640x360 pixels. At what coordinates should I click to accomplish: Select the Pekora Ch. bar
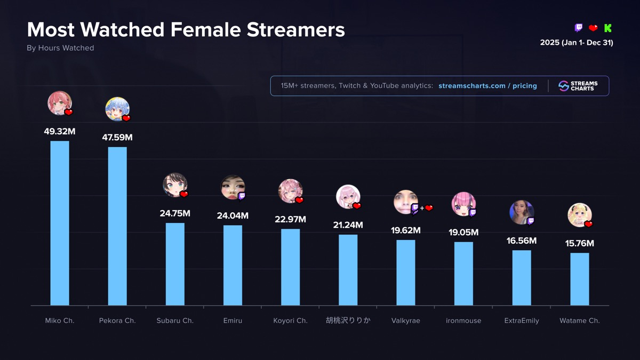point(117,226)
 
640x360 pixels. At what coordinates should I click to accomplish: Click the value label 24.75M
point(175,213)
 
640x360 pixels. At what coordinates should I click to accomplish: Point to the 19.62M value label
point(406,230)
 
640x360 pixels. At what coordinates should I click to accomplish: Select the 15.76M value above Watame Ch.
point(579,243)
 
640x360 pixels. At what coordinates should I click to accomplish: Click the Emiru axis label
point(233,321)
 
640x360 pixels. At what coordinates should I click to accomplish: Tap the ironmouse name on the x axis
point(463,321)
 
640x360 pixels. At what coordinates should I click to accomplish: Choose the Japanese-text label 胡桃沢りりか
point(348,321)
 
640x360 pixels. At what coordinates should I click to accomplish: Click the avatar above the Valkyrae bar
point(405,202)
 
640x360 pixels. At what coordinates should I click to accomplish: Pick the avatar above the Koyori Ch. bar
point(290,191)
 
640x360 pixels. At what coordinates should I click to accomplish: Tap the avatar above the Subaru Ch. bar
point(174,185)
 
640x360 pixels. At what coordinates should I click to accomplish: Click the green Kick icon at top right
point(608,28)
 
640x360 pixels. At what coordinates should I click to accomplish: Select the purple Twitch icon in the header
point(579,28)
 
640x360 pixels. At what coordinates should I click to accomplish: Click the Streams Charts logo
point(578,86)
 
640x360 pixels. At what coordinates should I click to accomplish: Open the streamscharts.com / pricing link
point(487,86)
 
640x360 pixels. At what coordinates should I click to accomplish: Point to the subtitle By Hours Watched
point(60,48)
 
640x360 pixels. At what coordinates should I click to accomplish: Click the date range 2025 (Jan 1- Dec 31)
point(577,43)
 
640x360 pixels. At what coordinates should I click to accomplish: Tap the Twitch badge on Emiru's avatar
point(242,196)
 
